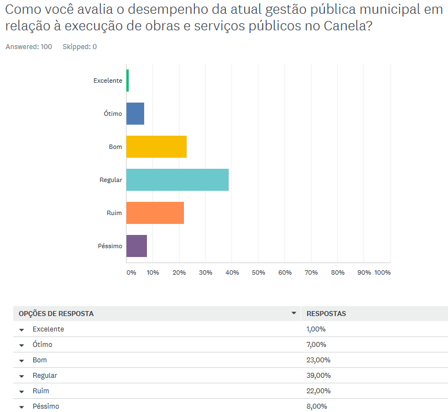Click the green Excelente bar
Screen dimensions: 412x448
coord(128,81)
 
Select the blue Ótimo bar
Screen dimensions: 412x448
coord(135,114)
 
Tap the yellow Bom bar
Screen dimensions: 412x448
coord(156,147)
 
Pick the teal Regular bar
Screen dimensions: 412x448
coord(177,180)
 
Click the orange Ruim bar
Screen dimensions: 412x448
coord(155,213)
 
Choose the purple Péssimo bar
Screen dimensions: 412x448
coord(136,246)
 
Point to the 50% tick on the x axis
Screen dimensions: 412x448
coord(258,272)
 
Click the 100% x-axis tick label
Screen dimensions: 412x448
coord(382,272)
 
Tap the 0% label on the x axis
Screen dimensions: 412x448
coord(131,272)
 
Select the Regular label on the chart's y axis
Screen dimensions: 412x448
coord(110,180)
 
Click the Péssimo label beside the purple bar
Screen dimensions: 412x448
coord(110,246)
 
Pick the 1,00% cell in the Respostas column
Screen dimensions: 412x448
coord(316,329)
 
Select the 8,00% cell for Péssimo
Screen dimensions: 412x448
coord(316,406)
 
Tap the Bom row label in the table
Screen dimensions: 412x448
coord(40,360)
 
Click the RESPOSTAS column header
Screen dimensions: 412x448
coord(326,314)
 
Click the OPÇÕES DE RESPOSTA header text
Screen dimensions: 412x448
coord(56,314)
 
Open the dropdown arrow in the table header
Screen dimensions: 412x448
coord(294,313)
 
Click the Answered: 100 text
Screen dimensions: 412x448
coord(29,47)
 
